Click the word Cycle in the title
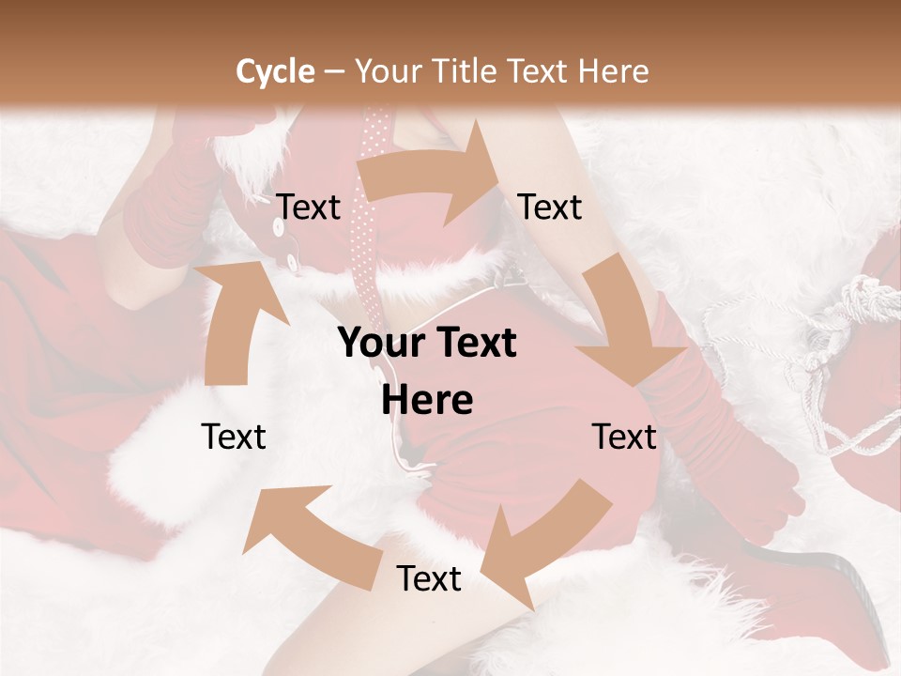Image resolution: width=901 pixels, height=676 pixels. coord(275,71)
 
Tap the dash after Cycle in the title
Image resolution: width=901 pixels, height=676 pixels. coord(334,72)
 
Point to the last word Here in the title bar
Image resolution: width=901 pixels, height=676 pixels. coord(614,71)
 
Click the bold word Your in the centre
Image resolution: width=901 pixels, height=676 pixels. coord(382,343)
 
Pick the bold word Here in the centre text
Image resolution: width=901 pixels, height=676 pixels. coord(427,401)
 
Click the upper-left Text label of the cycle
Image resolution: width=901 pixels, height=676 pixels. coord(309,207)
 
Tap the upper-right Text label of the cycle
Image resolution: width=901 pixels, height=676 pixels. coord(550,207)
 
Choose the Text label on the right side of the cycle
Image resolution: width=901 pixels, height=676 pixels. coord(624,437)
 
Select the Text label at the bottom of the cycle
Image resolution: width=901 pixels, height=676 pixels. coord(429,579)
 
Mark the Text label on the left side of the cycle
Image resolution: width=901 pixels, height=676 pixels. coord(234,437)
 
